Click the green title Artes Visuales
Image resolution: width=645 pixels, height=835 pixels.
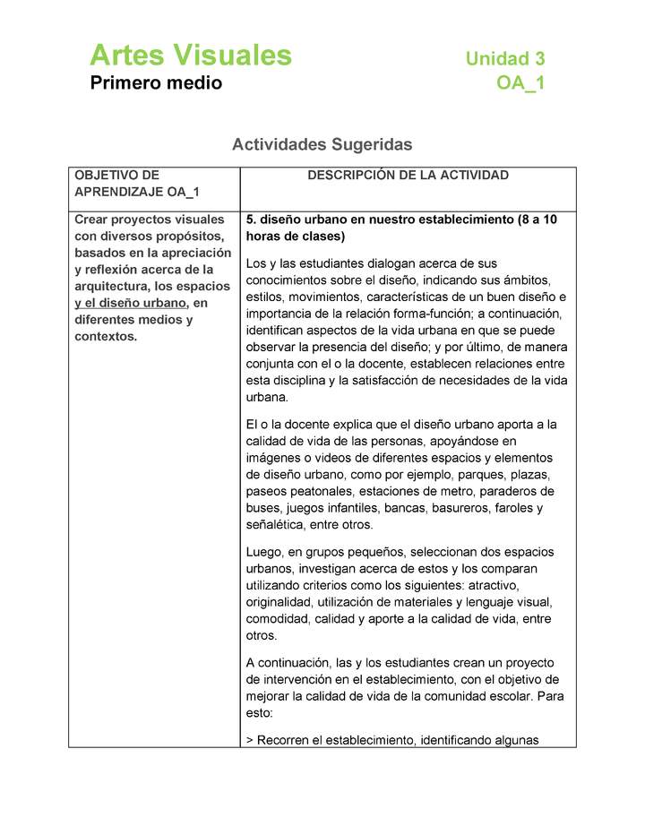click(190, 56)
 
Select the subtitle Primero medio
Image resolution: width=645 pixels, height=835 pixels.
click(156, 84)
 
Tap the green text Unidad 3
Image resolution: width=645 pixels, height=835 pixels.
click(504, 59)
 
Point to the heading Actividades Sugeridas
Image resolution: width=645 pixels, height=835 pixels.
click(322, 144)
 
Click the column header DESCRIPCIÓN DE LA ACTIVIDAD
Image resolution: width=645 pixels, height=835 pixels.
click(408, 176)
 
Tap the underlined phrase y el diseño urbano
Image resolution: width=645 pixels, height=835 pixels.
click(131, 303)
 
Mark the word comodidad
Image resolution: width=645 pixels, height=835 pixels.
click(279, 619)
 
